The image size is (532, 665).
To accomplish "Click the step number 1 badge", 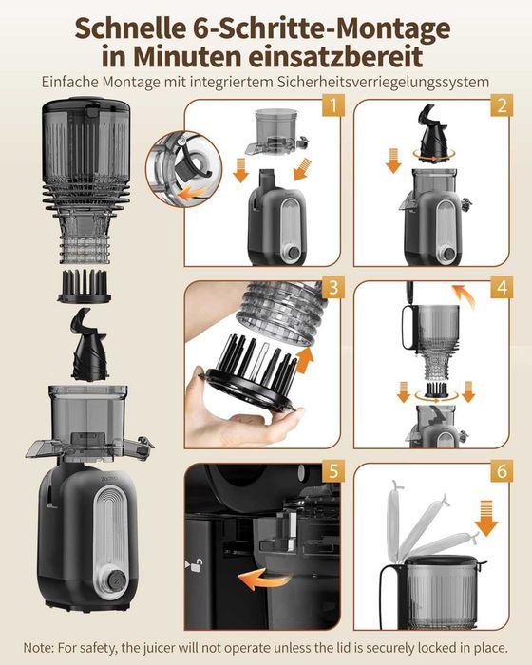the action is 333,105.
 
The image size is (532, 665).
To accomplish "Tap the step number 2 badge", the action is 502,105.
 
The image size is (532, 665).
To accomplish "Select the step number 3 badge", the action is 333,287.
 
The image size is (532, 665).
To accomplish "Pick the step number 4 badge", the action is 502,287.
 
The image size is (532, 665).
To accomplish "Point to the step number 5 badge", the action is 333,471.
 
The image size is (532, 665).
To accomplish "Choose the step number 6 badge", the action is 502,471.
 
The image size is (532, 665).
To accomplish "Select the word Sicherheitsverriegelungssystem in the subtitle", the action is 384,82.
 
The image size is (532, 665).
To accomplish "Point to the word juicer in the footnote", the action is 159,648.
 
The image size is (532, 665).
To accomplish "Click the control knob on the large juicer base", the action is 115,579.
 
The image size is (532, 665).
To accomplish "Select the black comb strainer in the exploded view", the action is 84,287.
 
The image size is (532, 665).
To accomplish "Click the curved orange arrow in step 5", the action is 264,579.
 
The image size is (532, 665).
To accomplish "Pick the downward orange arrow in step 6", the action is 486,518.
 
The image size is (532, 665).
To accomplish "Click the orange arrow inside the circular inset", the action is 191,194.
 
